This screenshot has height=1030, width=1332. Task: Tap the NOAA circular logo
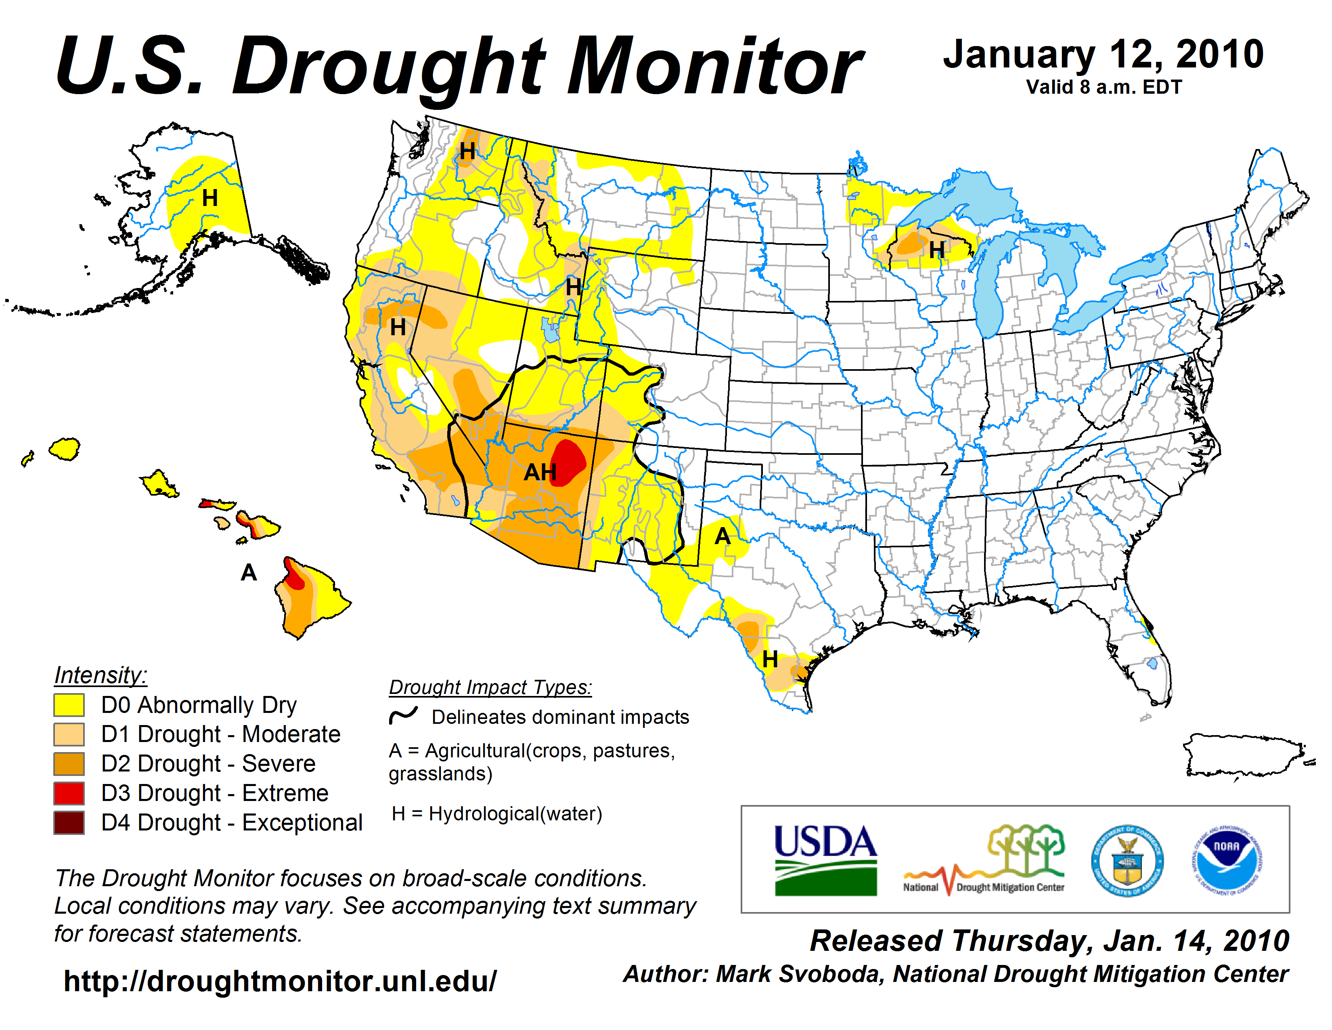click(1227, 860)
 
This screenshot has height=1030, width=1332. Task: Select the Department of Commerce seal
click(1127, 860)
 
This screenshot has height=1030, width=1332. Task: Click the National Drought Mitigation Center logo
click(984, 860)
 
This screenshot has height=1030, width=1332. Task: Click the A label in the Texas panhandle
click(722, 536)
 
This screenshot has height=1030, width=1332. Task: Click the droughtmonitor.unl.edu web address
click(280, 981)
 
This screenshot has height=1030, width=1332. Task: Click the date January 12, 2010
click(1103, 55)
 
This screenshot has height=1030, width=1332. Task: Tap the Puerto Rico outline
click(1244, 755)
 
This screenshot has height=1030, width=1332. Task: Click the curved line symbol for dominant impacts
click(403, 715)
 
